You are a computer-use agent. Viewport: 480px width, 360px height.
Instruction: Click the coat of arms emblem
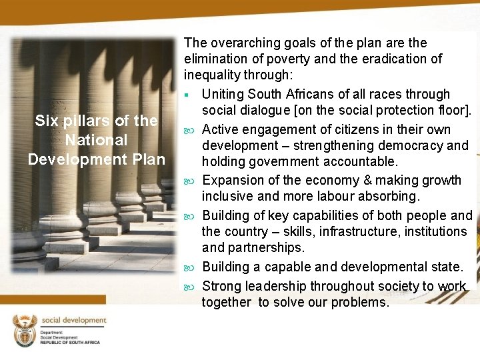24,331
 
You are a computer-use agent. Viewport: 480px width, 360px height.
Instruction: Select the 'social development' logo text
74,321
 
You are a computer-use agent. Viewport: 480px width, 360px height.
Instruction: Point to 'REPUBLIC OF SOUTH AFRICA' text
70,342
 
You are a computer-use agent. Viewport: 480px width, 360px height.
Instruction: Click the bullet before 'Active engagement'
191,129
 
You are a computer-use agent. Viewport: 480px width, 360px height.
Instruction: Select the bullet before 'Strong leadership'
191,286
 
